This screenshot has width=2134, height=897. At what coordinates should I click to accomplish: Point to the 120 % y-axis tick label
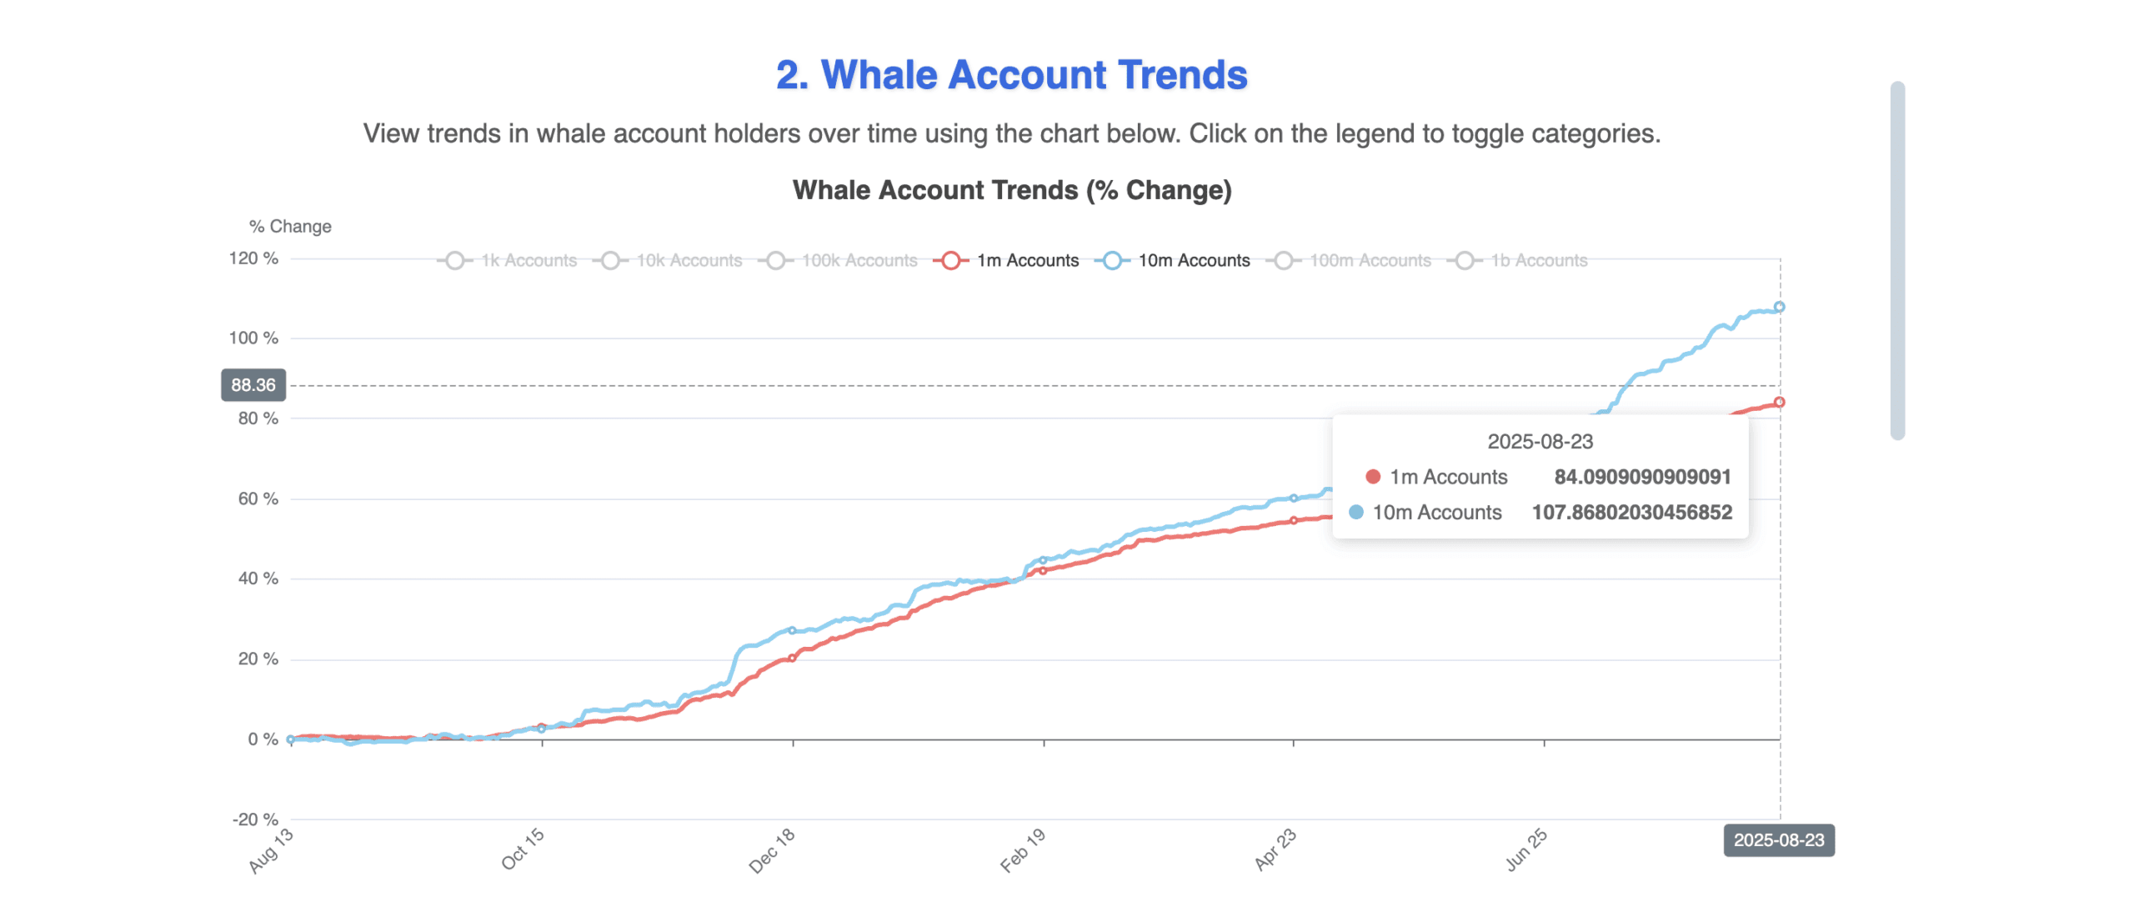click(253, 258)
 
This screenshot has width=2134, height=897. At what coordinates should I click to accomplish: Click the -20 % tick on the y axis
click(255, 819)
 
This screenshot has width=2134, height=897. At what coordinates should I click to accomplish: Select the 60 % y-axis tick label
click(258, 499)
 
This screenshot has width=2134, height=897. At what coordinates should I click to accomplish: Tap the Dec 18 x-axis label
click(772, 850)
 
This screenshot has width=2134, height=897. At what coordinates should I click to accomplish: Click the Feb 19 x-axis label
click(1022, 850)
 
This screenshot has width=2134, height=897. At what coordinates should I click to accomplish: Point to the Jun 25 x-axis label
click(1525, 850)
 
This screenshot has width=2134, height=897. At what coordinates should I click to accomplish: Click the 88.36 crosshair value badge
click(253, 385)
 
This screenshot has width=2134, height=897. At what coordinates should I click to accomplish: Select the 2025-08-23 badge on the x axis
click(1778, 840)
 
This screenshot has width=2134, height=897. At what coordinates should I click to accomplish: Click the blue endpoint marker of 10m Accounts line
click(1779, 307)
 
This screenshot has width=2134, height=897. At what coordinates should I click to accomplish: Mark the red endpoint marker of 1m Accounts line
click(1779, 402)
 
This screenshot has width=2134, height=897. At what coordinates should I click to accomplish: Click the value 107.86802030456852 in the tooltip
click(1631, 513)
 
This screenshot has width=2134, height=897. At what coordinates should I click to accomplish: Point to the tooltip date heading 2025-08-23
click(1540, 442)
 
